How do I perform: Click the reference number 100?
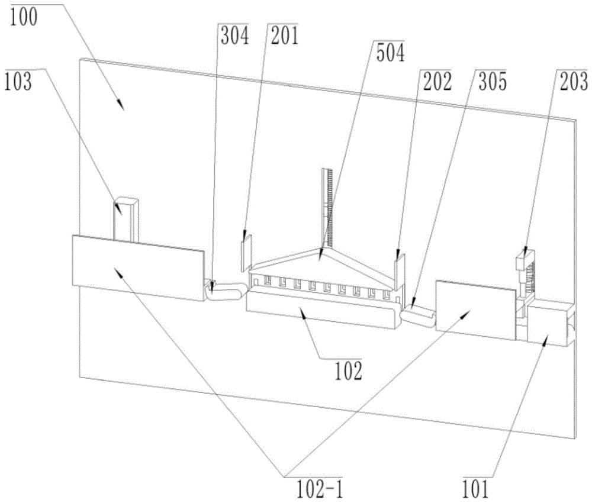pyautogui.click(x=23, y=17)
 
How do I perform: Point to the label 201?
pyautogui.click(x=283, y=36)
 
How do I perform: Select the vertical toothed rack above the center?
pyautogui.click(x=327, y=207)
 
